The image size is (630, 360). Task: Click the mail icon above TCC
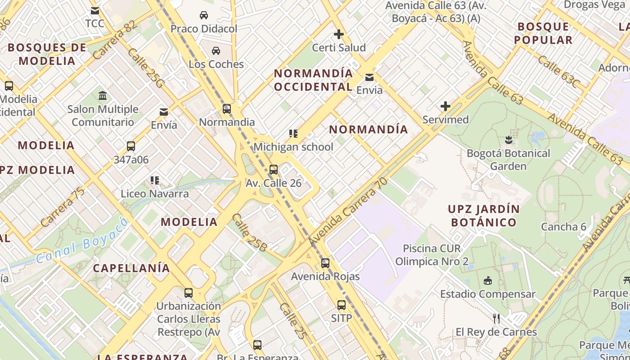pyautogui.click(x=95, y=11)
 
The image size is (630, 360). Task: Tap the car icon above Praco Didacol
pyautogui.click(x=204, y=15)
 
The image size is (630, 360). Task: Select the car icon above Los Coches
pyautogui.click(x=216, y=50)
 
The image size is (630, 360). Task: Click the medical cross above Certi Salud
pyautogui.click(x=339, y=34)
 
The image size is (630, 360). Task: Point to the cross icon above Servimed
pyautogui.click(x=445, y=106)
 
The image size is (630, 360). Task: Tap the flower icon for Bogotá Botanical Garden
pyautogui.click(x=508, y=139)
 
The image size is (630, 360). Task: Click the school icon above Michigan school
pyautogui.click(x=293, y=134)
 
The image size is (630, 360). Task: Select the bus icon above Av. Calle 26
pyautogui.click(x=273, y=170)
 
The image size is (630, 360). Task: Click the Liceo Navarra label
pyautogui.click(x=155, y=194)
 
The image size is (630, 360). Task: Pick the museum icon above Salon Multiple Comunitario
pyautogui.click(x=103, y=96)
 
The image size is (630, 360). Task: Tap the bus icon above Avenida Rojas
pyautogui.click(x=325, y=263)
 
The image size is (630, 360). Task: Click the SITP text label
pyautogui.click(x=342, y=318)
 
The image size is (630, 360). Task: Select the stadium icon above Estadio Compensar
pyautogui.click(x=487, y=281)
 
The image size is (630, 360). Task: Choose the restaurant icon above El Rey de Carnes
pyautogui.click(x=496, y=319)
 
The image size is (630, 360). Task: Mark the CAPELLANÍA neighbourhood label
pyautogui.click(x=131, y=268)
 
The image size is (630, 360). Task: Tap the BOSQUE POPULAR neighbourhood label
pyautogui.click(x=543, y=33)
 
